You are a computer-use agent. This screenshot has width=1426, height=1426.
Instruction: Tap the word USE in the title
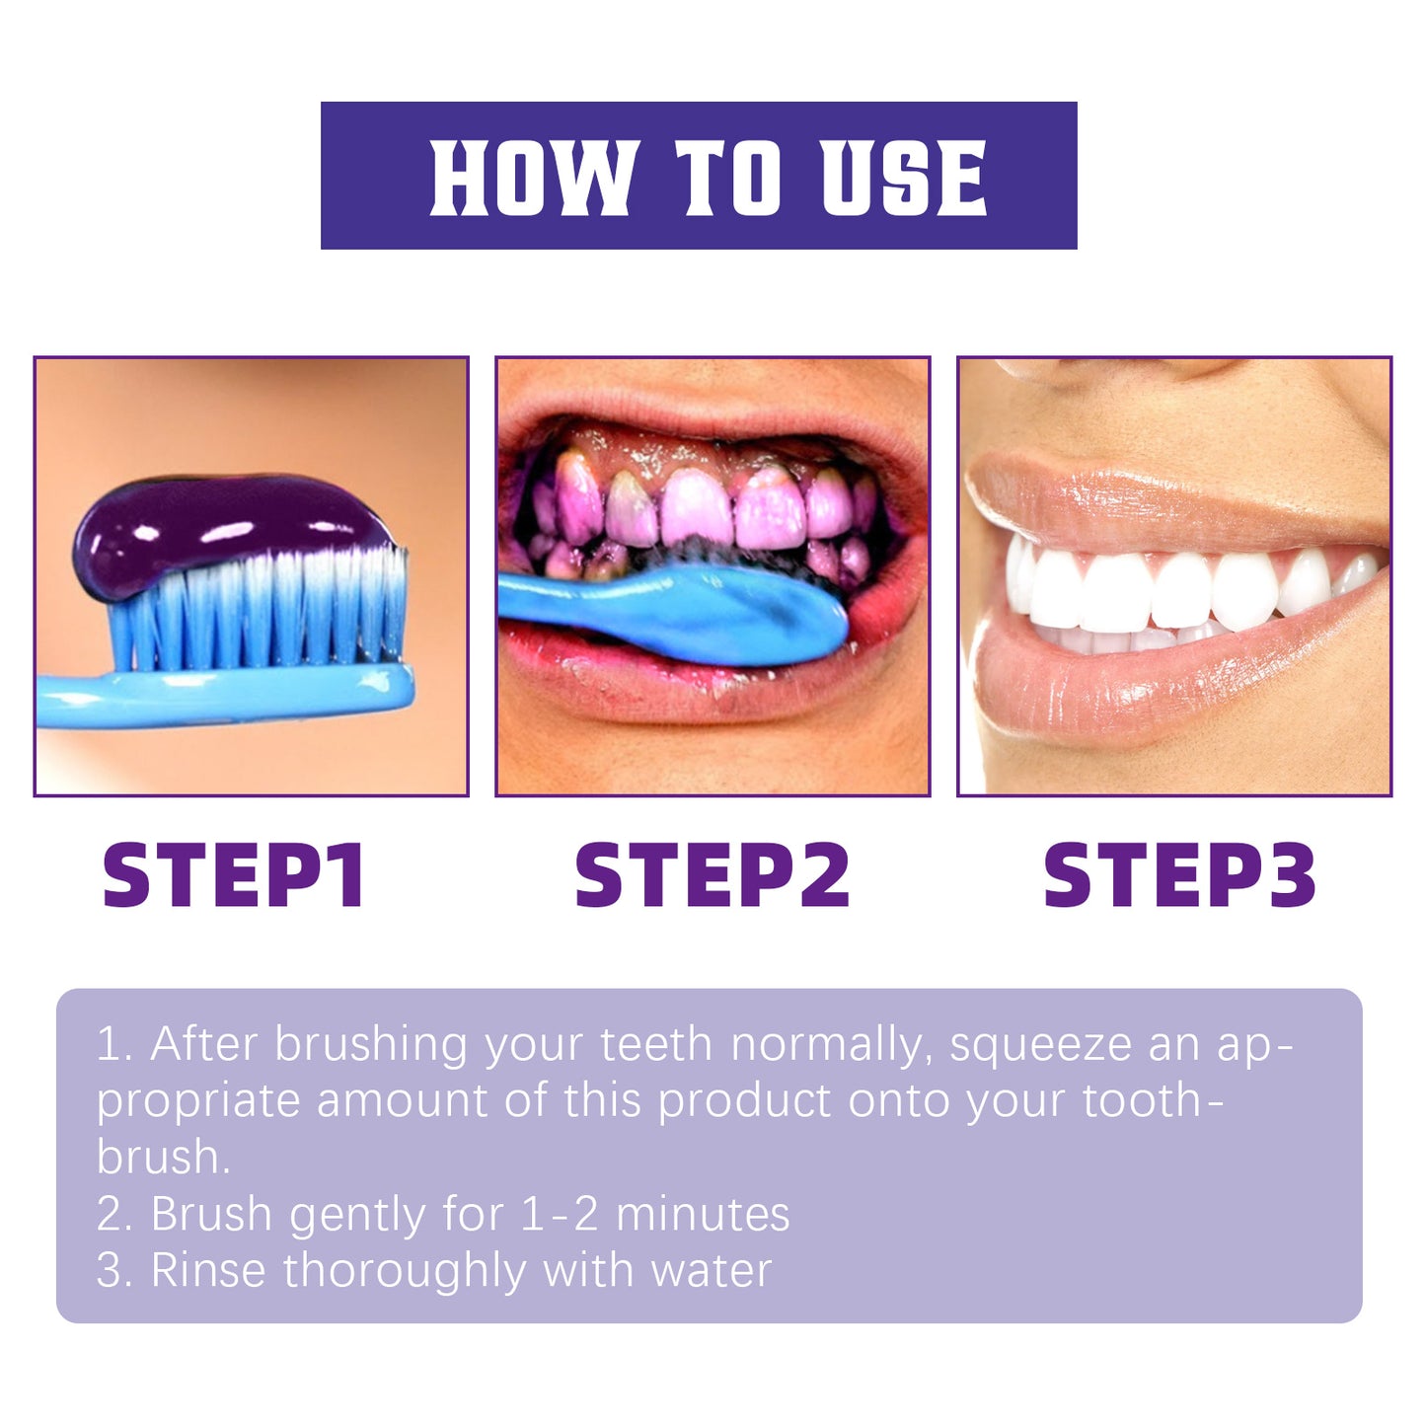tap(904, 177)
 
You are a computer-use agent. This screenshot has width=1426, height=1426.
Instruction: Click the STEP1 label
tap(234, 874)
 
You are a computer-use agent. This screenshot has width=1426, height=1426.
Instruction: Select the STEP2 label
tap(712, 874)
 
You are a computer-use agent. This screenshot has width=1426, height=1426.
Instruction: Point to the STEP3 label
tap(1179, 874)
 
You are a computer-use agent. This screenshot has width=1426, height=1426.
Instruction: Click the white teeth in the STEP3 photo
tap(1164, 592)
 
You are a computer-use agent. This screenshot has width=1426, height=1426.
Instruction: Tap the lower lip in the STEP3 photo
tap(1135, 691)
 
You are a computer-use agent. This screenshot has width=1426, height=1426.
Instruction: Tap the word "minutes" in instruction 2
tap(702, 1215)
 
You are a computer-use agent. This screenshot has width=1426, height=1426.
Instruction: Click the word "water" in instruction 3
tap(711, 1271)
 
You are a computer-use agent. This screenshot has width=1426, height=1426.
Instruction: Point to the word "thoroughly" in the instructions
tap(404, 1271)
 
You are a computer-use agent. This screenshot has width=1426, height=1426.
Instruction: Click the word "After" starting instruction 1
tap(204, 1045)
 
